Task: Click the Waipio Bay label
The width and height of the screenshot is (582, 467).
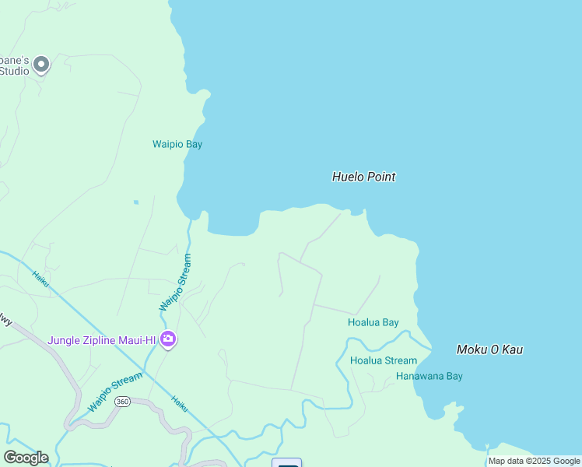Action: [x=171, y=144]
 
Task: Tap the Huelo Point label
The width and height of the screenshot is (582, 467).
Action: [x=363, y=177]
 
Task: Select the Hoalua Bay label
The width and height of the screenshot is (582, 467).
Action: [x=373, y=322]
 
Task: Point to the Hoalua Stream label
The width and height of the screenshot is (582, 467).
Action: [x=384, y=360]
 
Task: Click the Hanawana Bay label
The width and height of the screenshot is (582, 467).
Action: [x=429, y=376]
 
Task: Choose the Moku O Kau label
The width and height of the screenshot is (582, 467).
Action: [x=489, y=349]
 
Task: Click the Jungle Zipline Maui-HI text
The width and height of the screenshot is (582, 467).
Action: [x=102, y=340]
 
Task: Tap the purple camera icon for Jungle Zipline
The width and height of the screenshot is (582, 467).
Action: [x=168, y=339]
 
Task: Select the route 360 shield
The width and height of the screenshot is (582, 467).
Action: [x=121, y=402]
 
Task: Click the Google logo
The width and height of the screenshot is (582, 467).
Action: [x=26, y=457]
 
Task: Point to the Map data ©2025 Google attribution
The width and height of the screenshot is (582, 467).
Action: [x=534, y=461]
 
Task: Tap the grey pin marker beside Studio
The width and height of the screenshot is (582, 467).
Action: [x=41, y=64]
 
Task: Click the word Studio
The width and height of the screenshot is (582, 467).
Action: [x=14, y=71]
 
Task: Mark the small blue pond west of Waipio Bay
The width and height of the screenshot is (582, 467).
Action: [x=135, y=202]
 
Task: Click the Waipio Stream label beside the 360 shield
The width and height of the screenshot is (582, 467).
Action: [x=114, y=392]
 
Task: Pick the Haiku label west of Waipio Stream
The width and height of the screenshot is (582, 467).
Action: [x=40, y=279]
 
